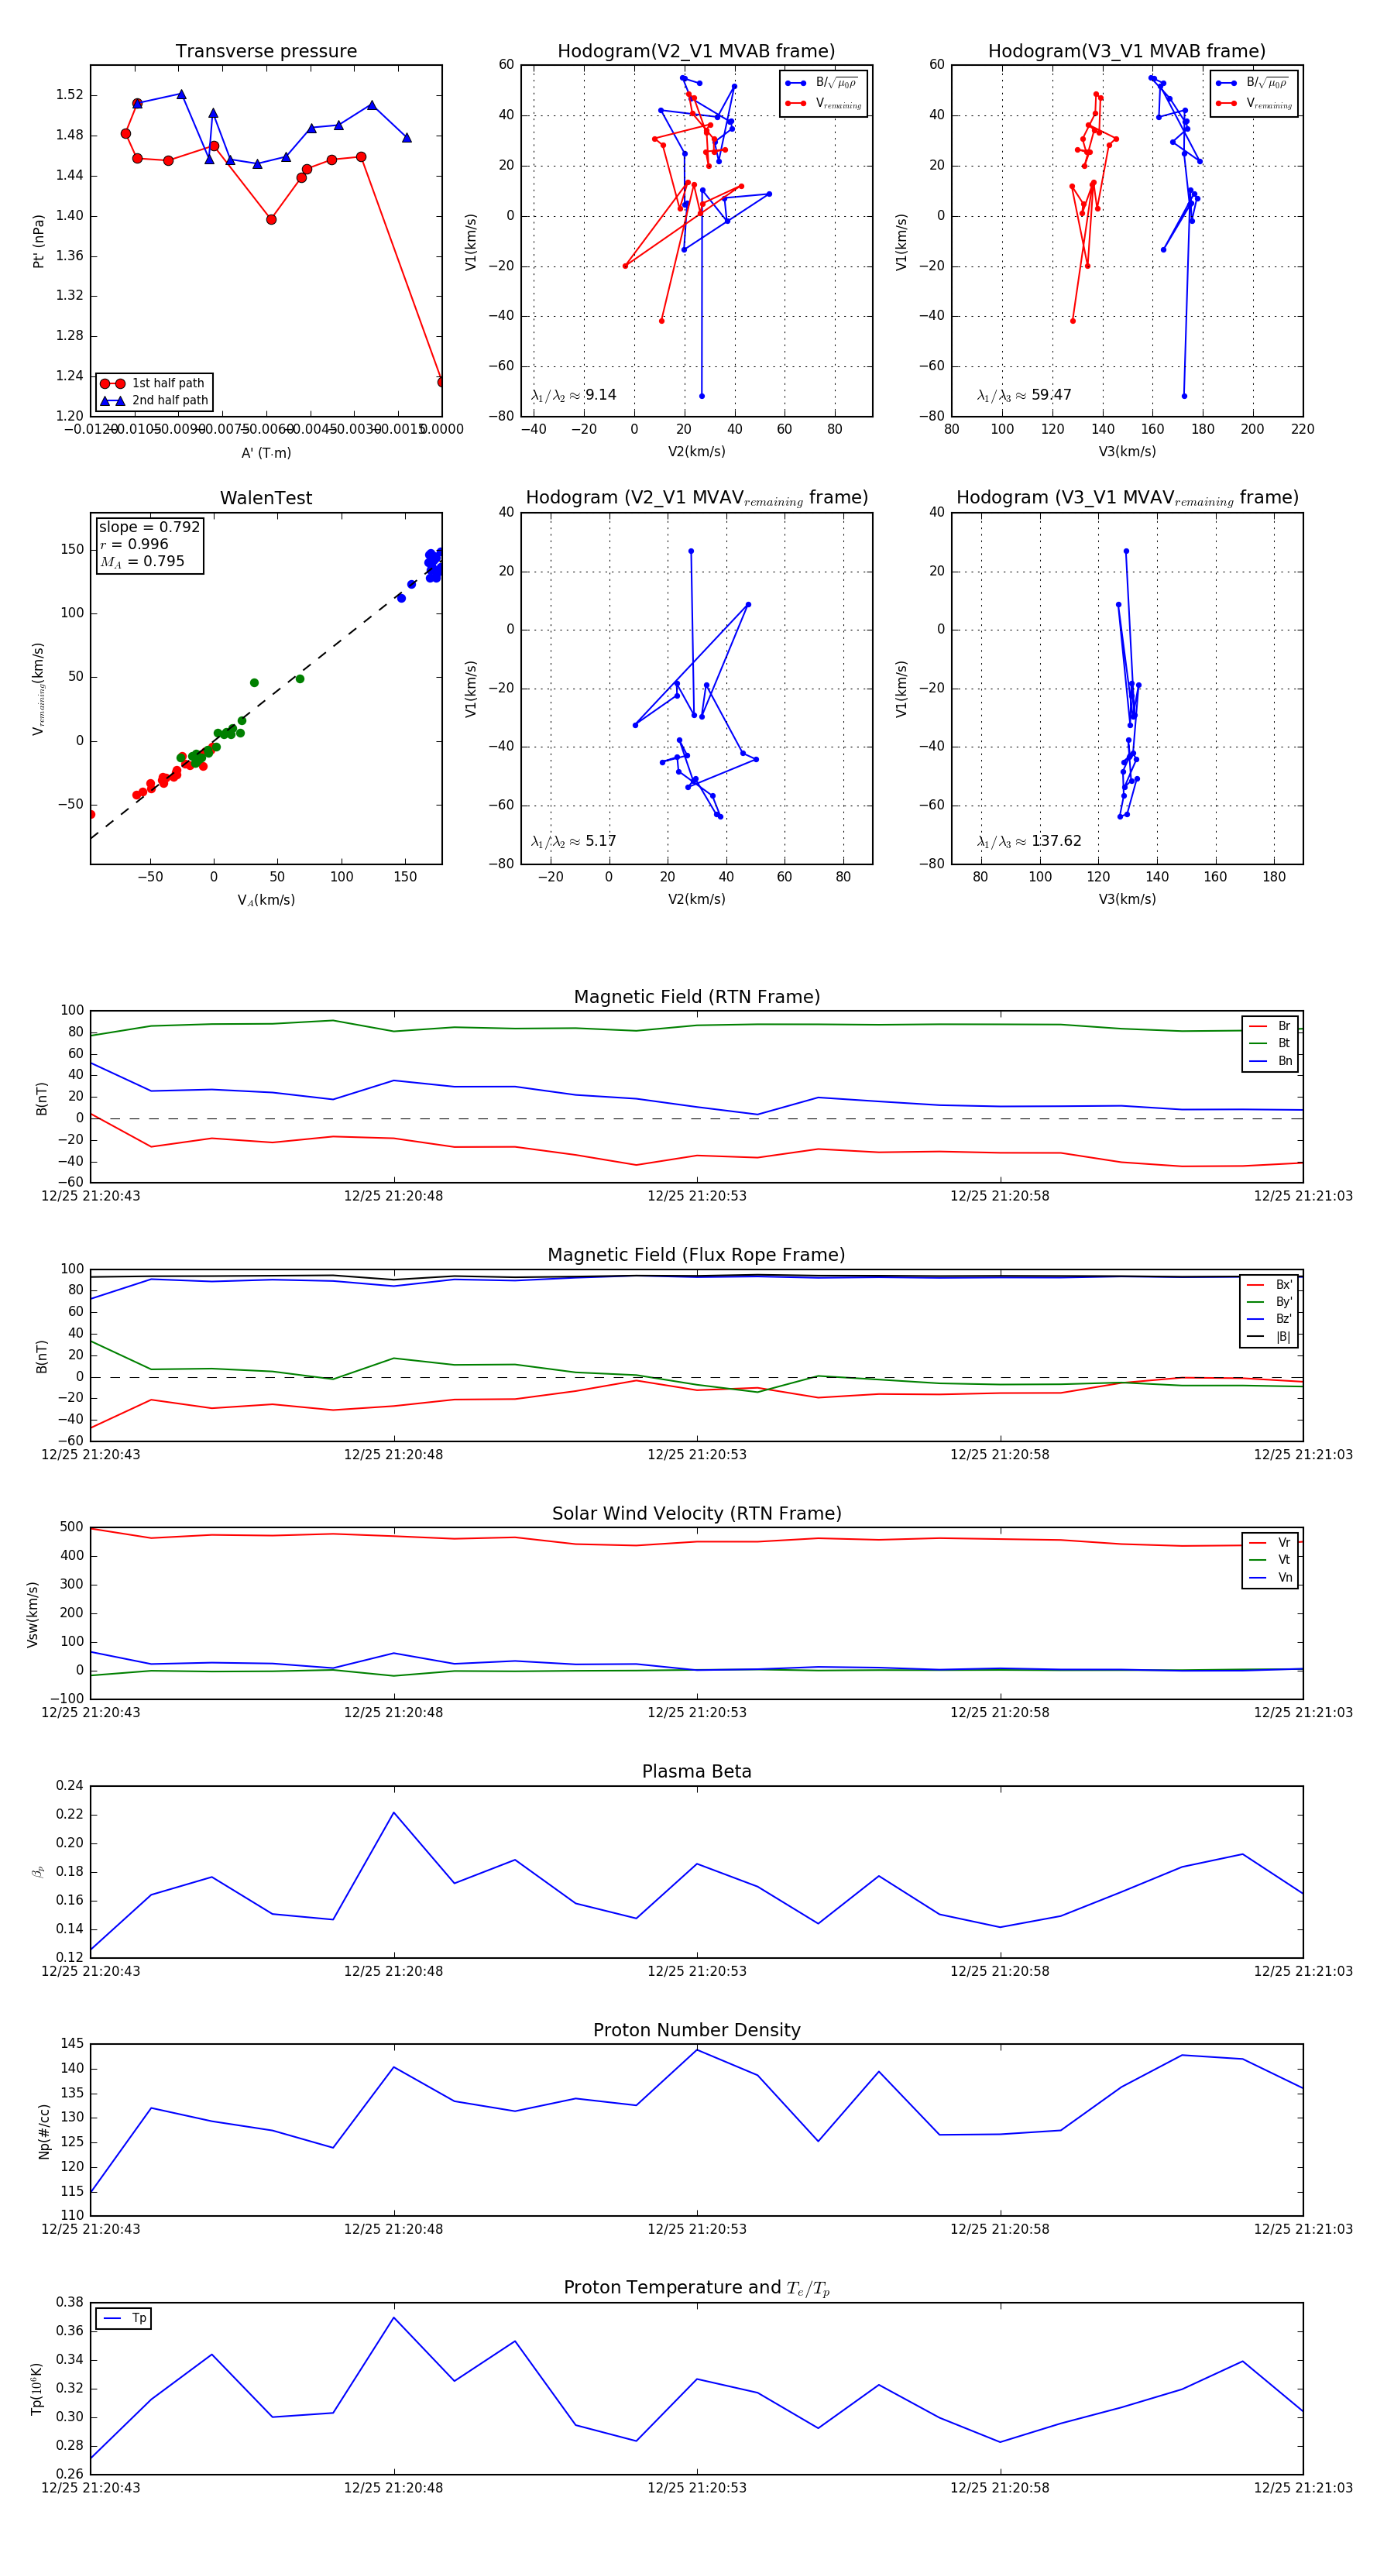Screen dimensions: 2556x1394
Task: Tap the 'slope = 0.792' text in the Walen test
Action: click(x=149, y=527)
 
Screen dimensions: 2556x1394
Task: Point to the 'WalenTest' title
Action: click(x=266, y=498)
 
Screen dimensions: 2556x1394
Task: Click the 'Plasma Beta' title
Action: click(x=696, y=1771)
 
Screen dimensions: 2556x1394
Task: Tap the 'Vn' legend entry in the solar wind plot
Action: click(x=1284, y=1578)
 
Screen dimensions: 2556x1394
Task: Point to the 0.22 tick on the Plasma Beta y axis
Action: click(x=70, y=1815)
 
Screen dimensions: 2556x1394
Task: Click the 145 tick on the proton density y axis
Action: click(x=71, y=2043)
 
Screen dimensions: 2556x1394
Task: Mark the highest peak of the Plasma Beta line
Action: click(x=394, y=1812)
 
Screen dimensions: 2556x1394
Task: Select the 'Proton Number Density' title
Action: click(x=696, y=2029)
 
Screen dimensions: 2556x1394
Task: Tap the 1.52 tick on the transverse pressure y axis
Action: click(x=70, y=95)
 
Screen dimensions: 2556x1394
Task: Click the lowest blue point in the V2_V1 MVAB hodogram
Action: click(x=702, y=396)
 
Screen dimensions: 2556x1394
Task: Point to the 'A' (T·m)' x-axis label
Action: click(x=266, y=452)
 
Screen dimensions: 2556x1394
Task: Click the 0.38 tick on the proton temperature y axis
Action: click(x=70, y=2302)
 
